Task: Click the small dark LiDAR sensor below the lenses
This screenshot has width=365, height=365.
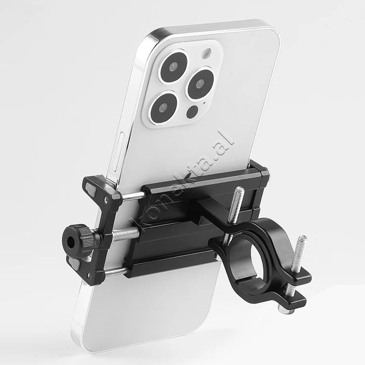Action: (x=192, y=112)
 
